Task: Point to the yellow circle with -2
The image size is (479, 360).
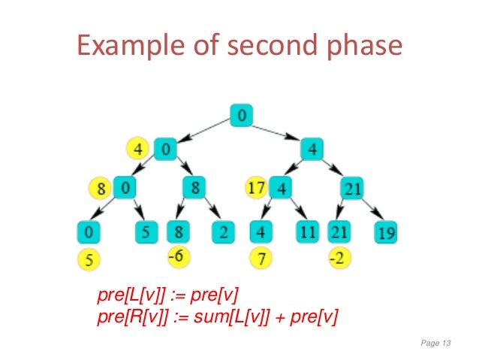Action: point(339,257)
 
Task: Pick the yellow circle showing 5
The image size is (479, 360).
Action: point(89,259)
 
